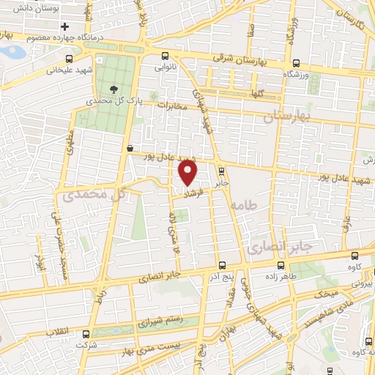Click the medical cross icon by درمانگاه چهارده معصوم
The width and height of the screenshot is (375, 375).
[64, 26]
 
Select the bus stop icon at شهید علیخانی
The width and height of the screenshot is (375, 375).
[69, 59]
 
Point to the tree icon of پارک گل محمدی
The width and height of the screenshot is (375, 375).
[114, 89]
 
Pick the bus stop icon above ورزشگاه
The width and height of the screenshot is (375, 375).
[295, 63]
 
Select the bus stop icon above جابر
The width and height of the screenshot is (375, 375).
[221, 172]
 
